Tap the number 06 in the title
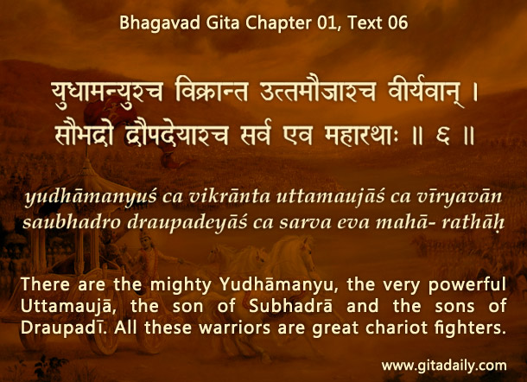pyautogui.click(x=398, y=23)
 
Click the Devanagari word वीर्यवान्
pyautogui.click(x=426, y=92)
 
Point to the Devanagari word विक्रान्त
pyautogui.click(x=212, y=91)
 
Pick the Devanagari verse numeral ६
pyautogui.click(x=442, y=137)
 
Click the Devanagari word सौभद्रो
pyautogui.click(x=84, y=134)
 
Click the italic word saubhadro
pyautogui.click(x=72, y=222)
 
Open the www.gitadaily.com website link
pyautogui.click(x=444, y=366)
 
